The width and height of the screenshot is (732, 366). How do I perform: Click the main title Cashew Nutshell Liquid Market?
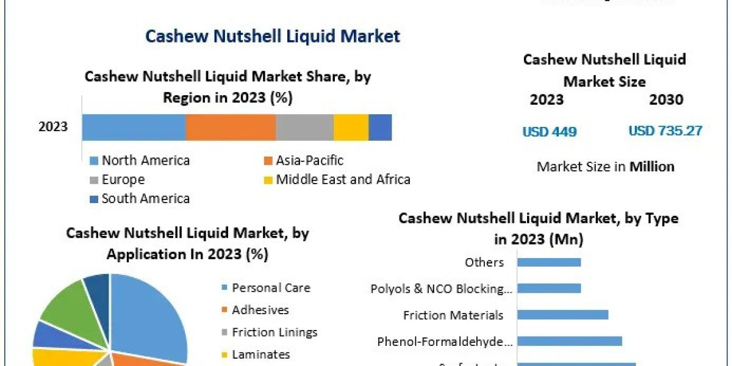click(x=273, y=36)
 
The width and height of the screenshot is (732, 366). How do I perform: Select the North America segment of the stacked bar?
click(x=134, y=127)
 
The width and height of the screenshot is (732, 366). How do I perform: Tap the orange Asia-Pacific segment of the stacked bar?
click(x=231, y=127)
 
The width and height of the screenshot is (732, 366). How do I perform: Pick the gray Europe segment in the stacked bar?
click(x=304, y=127)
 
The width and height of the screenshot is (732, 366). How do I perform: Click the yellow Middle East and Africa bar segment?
click(x=351, y=127)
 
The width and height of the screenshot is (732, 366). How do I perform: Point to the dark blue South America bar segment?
click(x=380, y=127)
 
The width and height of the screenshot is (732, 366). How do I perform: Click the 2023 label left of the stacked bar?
click(x=53, y=127)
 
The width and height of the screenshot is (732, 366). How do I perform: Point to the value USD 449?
click(x=549, y=131)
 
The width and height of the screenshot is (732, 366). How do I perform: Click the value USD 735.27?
click(x=665, y=131)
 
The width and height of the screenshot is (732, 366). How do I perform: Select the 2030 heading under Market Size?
click(x=666, y=99)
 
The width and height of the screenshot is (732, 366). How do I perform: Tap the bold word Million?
click(x=652, y=167)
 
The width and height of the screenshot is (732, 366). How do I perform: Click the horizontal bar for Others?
click(x=548, y=262)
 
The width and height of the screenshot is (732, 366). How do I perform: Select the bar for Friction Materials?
click(x=562, y=315)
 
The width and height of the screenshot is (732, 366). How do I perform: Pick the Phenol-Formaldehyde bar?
click(x=569, y=341)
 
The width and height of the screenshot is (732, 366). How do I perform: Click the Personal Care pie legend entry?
click(x=271, y=288)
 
